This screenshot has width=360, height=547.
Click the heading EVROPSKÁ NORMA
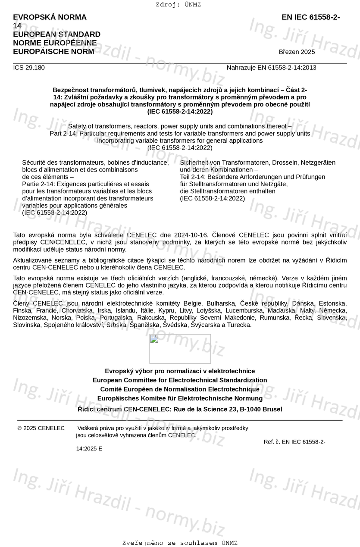(x=50, y=17)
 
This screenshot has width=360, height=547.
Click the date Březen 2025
(x=297, y=52)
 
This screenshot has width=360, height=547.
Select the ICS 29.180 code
(x=29, y=68)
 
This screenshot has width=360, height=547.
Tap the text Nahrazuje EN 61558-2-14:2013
(x=271, y=68)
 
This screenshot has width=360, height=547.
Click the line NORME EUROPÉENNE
(x=55, y=43)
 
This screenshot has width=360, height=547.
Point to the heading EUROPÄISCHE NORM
(x=53, y=52)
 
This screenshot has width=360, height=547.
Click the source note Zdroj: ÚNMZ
(x=178, y=5)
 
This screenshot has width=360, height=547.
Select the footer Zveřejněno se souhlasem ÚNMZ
(x=180, y=543)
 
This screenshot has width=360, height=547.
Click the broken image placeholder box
(x=180, y=349)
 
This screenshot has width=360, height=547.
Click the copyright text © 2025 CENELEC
(x=41, y=428)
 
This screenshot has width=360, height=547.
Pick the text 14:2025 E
(x=89, y=449)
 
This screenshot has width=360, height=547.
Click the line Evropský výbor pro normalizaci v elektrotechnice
(x=180, y=371)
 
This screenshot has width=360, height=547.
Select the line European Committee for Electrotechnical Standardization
(x=180, y=380)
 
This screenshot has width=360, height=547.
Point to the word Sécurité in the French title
(x=34, y=163)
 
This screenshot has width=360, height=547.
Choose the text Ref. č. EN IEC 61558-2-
(x=294, y=442)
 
